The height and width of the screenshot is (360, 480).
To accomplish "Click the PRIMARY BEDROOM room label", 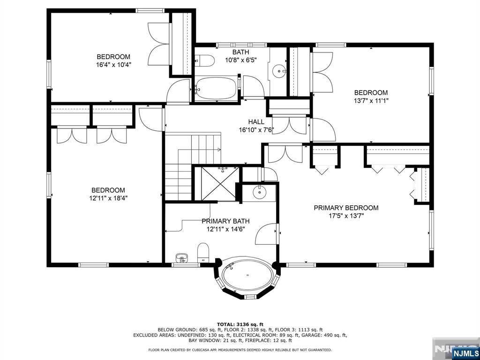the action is (x=346, y=208).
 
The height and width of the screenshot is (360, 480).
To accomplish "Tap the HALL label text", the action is (x=256, y=122).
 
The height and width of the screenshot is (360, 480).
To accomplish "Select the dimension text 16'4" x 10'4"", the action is (x=113, y=65).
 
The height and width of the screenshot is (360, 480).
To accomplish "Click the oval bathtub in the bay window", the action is (x=247, y=275).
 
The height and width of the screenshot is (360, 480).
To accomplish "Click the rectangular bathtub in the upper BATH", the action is (x=216, y=89).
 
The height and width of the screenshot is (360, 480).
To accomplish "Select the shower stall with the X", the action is (x=220, y=184).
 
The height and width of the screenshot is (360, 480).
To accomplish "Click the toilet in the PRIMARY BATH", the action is (x=203, y=253).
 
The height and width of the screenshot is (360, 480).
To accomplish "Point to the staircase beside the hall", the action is (x=193, y=167).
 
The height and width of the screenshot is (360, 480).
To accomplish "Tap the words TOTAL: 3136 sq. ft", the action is (x=240, y=324).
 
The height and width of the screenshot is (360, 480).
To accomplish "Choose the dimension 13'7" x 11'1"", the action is (x=371, y=100).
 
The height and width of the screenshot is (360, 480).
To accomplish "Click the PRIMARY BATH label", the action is (x=225, y=221).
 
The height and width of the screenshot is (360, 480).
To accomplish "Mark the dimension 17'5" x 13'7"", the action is (x=346, y=216).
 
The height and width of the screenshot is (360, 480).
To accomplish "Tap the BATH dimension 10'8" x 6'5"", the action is (x=240, y=60).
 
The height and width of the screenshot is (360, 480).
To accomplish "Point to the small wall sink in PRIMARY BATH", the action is (x=182, y=258).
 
